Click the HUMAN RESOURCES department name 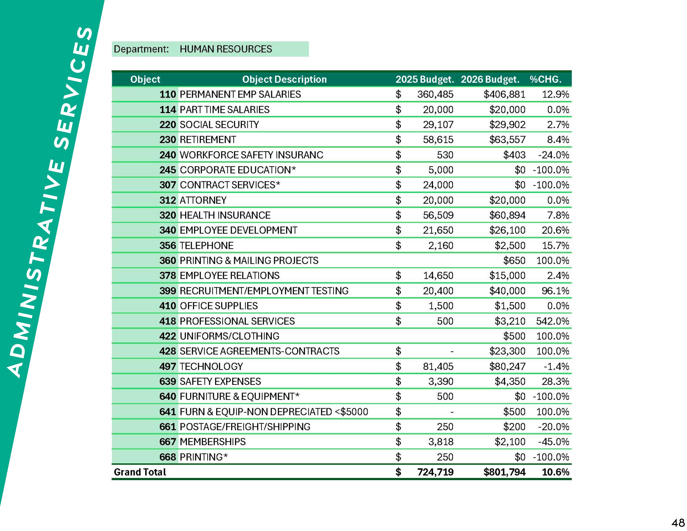click(x=225, y=49)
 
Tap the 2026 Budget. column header click(x=490, y=79)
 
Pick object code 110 click(x=167, y=94)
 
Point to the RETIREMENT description click(x=208, y=140)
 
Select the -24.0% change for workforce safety click(x=553, y=155)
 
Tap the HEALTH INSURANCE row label click(x=225, y=215)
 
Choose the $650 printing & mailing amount click(x=514, y=261)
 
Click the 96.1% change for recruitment click(x=555, y=291)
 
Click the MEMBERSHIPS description click(x=212, y=442)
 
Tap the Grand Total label click(x=140, y=472)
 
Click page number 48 click(x=678, y=522)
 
